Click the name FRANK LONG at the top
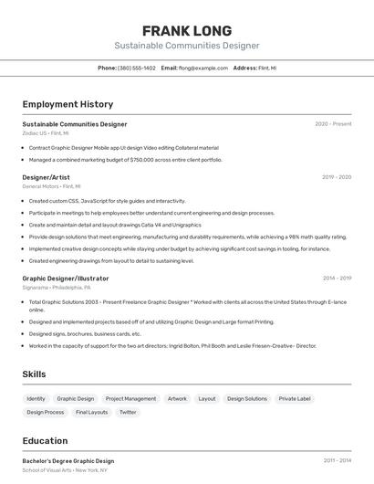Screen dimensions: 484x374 (x=187, y=30)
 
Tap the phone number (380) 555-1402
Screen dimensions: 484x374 (x=137, y=68)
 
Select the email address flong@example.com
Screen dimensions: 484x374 (x=203, y=68)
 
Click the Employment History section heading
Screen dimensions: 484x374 (x=68, y=104)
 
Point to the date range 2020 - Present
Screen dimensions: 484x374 (x=333, y=124)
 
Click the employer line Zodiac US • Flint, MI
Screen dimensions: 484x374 (x=46, y=133)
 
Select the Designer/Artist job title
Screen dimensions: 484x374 (x=46, y=177)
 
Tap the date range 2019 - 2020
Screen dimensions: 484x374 (x=336, y=177)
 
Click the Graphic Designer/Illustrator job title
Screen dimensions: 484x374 (x=66, y=278)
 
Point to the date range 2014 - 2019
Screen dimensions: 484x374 (x=336, y=278)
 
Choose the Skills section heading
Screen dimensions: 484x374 (x=34, y=374)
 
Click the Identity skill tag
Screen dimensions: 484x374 (x=36, y=398)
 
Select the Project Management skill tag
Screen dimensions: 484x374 (x=130, y=398)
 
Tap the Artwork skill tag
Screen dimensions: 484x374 (x=177, y=398)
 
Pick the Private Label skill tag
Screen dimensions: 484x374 (x=295, y=398)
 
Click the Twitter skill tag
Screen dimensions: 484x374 (x=128, y=412)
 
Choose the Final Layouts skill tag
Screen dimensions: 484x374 (x=91, y=412)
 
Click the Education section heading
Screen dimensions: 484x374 (x=45, y=440)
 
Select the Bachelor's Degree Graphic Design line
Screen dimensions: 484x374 (x=68, y=461)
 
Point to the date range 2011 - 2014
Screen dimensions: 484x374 (x=337, y=461)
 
